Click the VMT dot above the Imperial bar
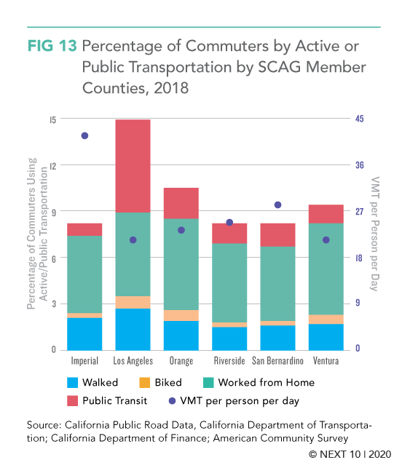[84, 136]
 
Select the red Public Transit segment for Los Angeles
[133, 166]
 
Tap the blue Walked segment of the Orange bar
[181, 336]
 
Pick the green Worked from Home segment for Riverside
[229, 283]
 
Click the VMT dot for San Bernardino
[277, 205]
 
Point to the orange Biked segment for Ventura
[326, 320]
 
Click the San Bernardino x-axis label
[277, 361]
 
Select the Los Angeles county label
[133, 361]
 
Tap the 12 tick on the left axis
[53, 166]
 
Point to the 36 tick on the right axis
[360, 165]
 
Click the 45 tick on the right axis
[360, 119]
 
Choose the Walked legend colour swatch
[73, 383]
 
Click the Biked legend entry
[160, 383]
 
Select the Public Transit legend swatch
[73, 401]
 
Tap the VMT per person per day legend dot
[172, 401]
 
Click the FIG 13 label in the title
[52, 46]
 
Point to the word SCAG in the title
[279, 67]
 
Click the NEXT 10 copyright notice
[350, 454]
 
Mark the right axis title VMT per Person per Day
[374, 234]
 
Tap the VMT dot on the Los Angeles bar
[133, 240]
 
